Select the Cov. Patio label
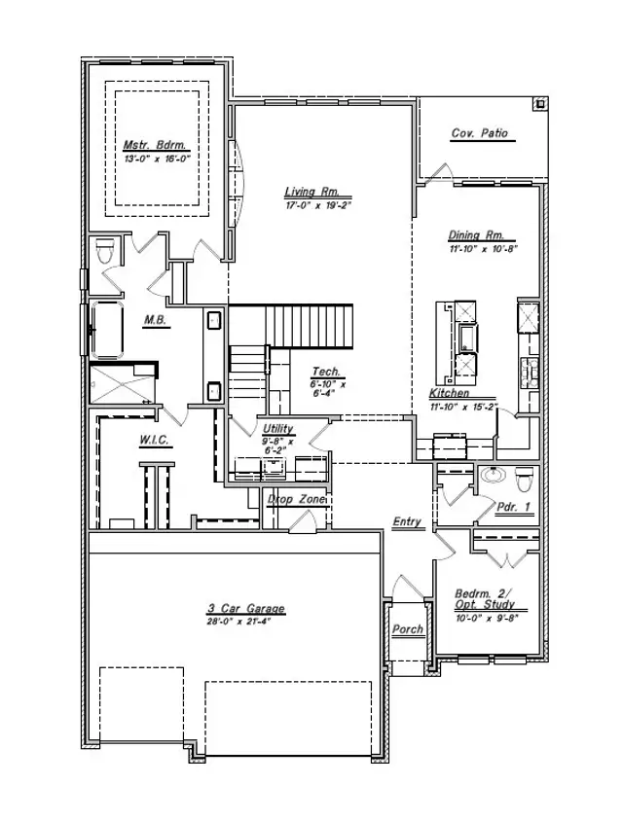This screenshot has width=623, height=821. point(480,133)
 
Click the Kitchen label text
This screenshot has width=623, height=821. point(450,393)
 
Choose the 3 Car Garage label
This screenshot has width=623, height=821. point(245,609)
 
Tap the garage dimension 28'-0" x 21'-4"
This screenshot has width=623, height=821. point(245,622)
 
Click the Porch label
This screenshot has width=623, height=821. point(408,629)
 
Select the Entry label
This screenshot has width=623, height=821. point(407,522)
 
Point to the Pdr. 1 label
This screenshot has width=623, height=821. point(513,507)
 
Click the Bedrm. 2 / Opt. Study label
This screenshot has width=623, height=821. point(484,598)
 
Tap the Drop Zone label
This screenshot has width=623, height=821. point(297,499)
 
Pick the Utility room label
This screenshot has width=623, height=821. point(277,428)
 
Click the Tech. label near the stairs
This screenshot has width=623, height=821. point(325,372)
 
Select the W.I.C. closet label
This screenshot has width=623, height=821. point(155,440)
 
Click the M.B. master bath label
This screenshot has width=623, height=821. point(154,319)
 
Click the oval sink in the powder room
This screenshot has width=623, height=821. point(492,476)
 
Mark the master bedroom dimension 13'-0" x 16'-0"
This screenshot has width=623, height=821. point(155,157)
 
